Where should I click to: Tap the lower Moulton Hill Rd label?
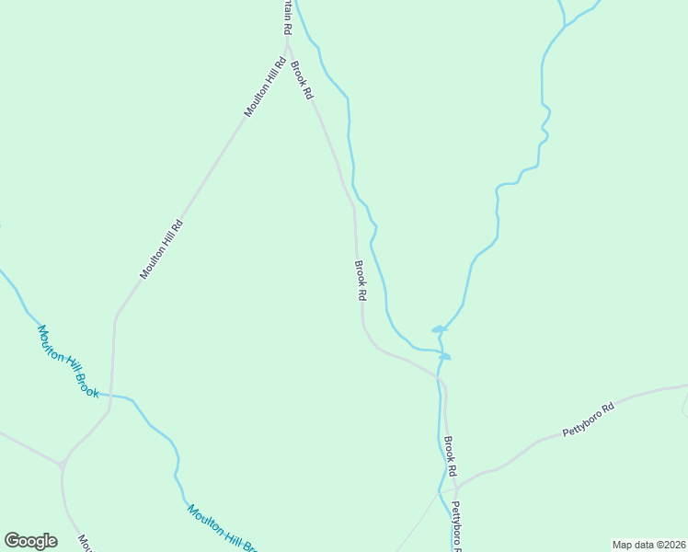click(x=162, y=248)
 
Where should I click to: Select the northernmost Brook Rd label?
click(x=302, y=80)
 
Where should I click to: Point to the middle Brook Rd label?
click(x=361, y=281)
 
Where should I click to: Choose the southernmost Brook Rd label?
click(x=451, y=456)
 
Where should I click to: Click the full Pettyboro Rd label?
click(x=588, y=420)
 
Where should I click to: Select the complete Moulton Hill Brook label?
click(x=67, y=362)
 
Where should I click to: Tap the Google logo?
click(x=30, y=540)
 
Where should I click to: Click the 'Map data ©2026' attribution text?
click(x=648, y=544)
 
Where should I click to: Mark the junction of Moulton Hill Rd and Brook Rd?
click(x=288, y=42)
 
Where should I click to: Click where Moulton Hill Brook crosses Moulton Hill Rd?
click(x=111, y=396)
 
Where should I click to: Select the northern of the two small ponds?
click(x=439, y=328)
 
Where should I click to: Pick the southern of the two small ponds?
click(x=445, y=356)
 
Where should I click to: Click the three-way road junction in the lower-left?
click(x=62, y=464)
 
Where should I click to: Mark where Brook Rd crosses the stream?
click(x=439, y=376)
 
